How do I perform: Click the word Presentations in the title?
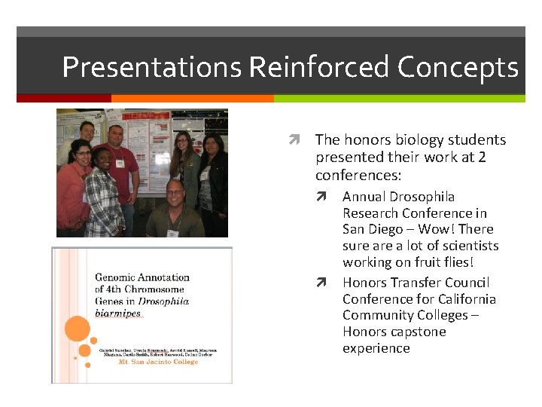click(x=151, y=67)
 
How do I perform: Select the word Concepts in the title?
click(x=458, y=67)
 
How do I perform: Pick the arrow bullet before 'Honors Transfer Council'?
click(x=321, y=283)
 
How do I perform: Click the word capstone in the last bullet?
click(x=419, y=332)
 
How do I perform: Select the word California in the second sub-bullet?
click(x=465, y=299)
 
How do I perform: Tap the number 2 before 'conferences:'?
click(x=482, y=157)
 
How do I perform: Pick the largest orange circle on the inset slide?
click(x=77, y=329)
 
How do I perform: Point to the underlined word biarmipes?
click(x=117, y=313)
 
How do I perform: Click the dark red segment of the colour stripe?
click(x=64, y=98)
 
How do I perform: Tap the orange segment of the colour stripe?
click(x=192, y=98)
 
